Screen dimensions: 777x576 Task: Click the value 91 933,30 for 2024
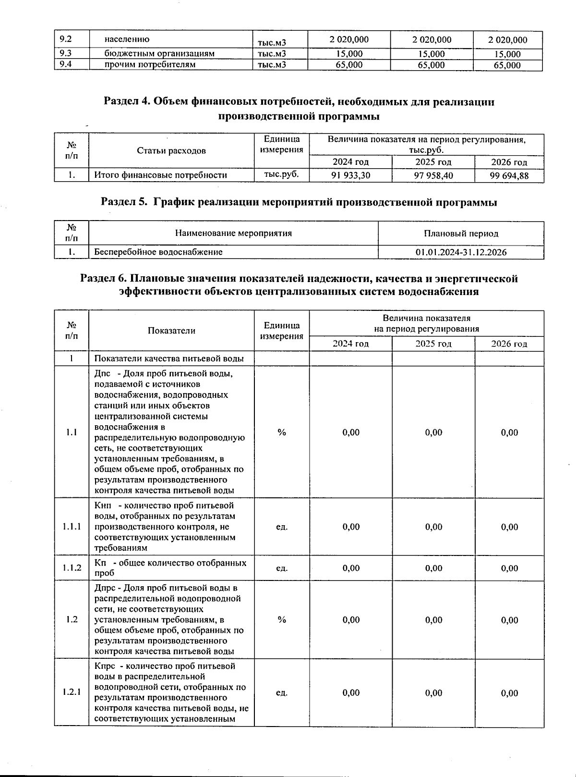tap(350, 175)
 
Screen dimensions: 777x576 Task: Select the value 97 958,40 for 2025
tap(433, 175)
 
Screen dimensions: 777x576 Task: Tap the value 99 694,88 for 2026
tap(509, 176)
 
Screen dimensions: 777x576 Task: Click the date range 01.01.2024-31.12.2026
tap(461, 252)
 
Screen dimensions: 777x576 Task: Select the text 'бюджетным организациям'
tap(159, 53)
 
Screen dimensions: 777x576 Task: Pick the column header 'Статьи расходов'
tap(171, 150)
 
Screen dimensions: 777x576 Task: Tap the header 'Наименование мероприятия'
tap(233, 234)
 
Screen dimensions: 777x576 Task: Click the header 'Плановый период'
tap(461, 234)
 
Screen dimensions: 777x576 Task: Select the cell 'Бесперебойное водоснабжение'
tap(158, 252)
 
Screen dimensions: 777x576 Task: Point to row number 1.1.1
tap(72, 527)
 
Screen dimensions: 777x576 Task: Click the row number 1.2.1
tap(72, 692)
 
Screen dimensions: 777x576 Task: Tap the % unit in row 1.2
tap(282, 620)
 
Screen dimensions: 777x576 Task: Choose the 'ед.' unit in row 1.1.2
tap(282, 568)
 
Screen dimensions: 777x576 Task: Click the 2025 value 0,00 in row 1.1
tap(433, 432)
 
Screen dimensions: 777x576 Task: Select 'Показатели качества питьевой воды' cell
tap(169, 358)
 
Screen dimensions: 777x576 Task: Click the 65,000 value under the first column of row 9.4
tap(349, 65)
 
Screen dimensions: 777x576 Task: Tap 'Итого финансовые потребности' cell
tap(160, 175)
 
